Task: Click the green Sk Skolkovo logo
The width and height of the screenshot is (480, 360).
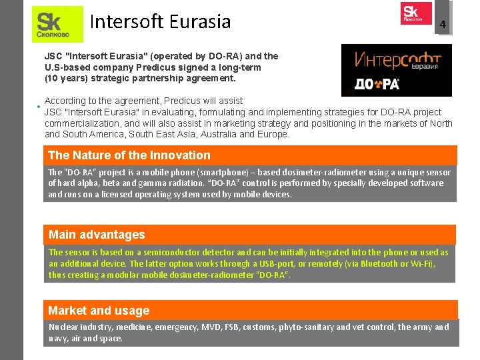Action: [57, 24]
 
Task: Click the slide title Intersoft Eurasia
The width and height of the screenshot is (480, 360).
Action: [160, 22]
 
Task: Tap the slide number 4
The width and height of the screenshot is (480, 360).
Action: [441, 25]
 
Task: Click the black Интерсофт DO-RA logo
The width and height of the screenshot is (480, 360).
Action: [396, 70]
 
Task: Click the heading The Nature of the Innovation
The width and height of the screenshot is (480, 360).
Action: [129, 155]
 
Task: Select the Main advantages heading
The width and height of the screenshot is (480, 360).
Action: [97, 235]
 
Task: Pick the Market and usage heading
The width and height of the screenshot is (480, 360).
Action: [99, 311]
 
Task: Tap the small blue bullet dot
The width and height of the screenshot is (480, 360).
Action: [39, 107]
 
